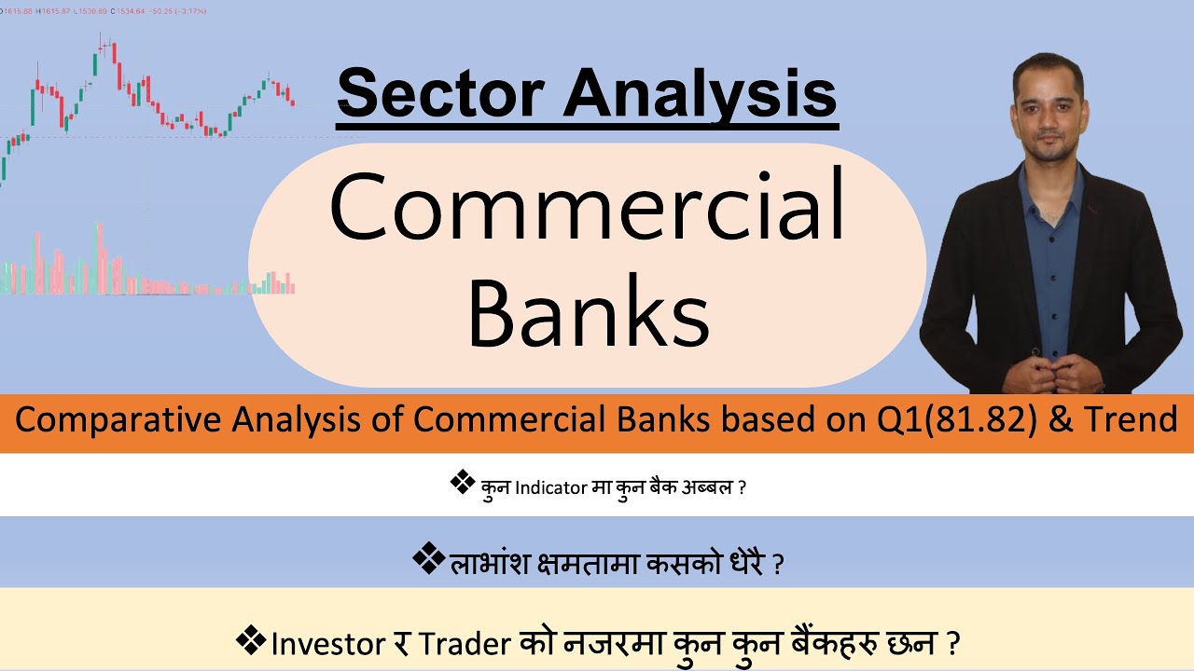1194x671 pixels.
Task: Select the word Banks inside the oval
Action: point(588,313)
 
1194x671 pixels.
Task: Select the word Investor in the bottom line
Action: point(326,643)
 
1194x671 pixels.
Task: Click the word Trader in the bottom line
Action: point(464,643)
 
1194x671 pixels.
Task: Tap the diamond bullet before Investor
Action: point(251,641)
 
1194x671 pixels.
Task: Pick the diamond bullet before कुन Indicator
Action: point(461,483)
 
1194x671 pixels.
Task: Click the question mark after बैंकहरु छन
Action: point(952,643)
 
